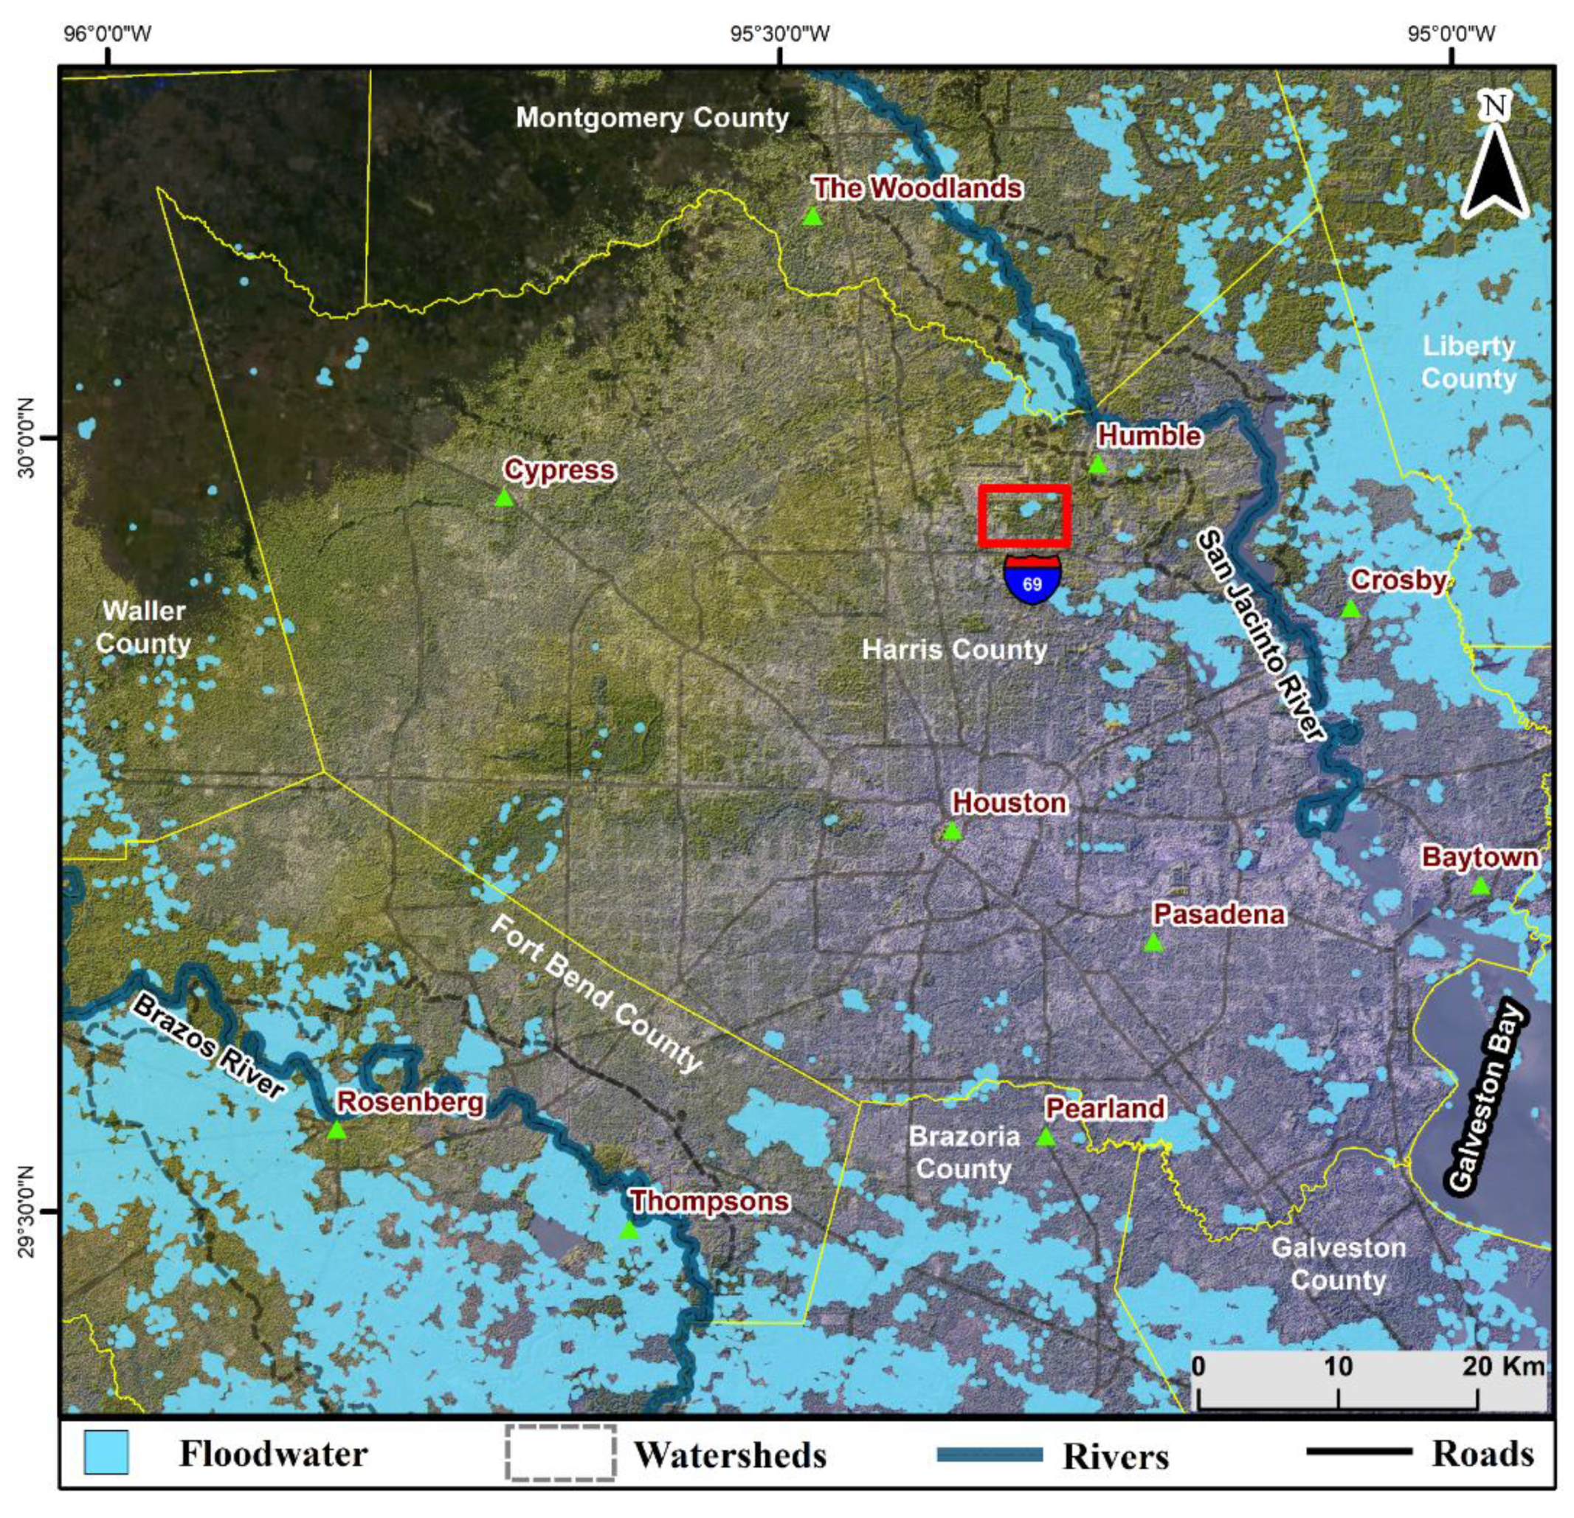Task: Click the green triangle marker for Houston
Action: coord(952,831)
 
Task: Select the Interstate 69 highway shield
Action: coord(1032,579)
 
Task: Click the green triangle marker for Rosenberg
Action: coord(336,1131)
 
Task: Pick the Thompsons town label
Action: coord(709,1202)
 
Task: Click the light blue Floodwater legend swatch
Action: coord(106,1452)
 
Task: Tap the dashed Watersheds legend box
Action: coord(561,1452)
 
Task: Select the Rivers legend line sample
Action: coord(990,1454)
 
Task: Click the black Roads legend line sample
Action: coord(1359,1451)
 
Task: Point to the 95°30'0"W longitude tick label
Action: coord(780,34)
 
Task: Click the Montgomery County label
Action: coord(652,118)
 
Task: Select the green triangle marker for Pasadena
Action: coord(1153,943)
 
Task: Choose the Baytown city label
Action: coord(1480,856)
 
